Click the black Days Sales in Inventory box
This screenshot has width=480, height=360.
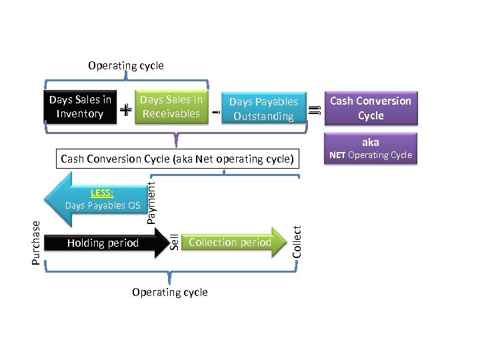(80, 107)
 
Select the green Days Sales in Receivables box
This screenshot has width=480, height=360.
(171, 107)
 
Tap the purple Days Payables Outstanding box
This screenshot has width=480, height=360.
(263, 109)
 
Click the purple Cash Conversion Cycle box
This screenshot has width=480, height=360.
(371, 108)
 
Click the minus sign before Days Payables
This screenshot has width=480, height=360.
(215, 113)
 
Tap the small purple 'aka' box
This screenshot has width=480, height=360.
(371, 142)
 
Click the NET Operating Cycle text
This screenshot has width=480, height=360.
(371, 155)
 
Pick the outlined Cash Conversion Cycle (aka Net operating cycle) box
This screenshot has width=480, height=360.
(177, 159)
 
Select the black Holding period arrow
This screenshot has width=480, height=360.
(107, 243)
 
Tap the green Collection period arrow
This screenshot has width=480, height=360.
(230, 242)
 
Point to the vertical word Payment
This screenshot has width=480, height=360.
(151, 194)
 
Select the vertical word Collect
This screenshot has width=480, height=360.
(297, 240)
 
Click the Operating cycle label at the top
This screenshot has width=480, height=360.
(126, 65)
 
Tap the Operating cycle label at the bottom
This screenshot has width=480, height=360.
(170, 292)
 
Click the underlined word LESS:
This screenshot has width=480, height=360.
(103, 193)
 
